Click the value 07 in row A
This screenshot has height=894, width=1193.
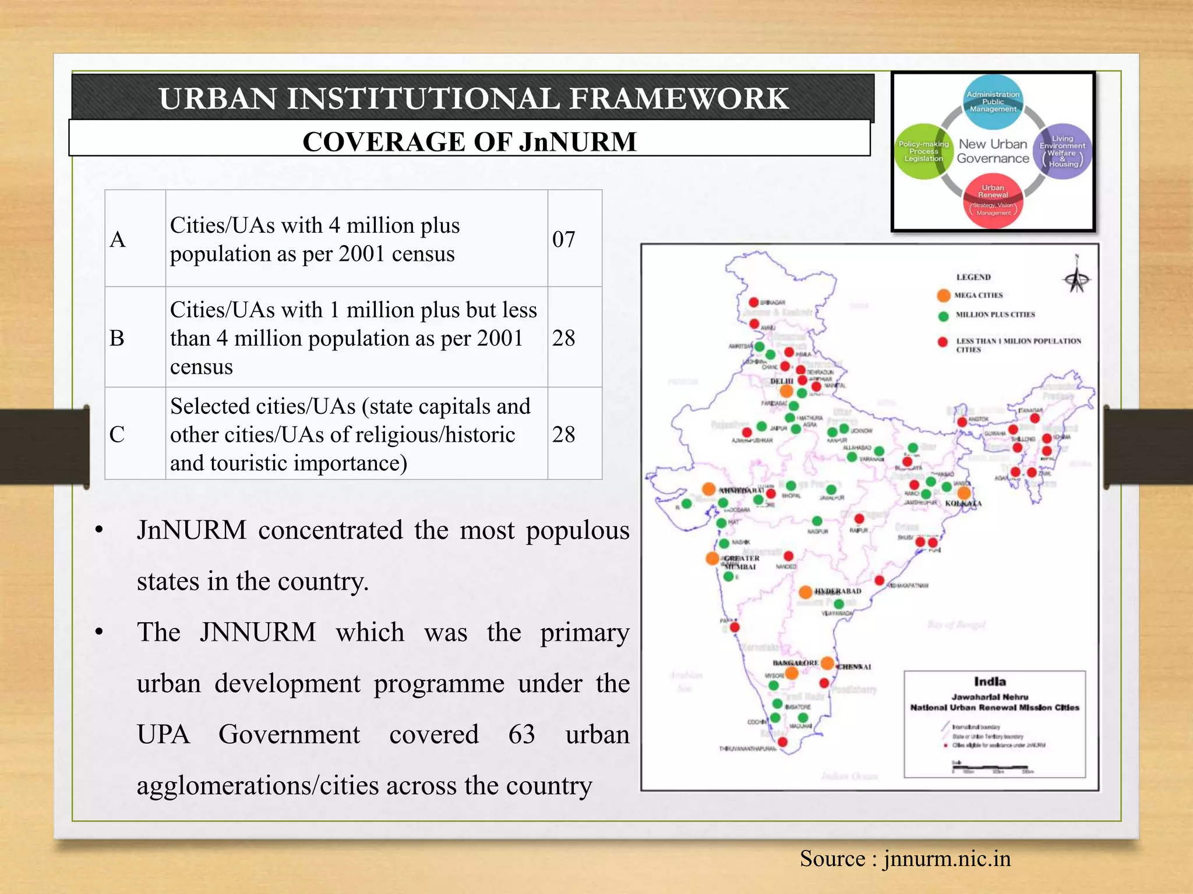click(563, 239)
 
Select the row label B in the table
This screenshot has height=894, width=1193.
click(117, 338)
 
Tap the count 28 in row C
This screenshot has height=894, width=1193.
click(563, 434)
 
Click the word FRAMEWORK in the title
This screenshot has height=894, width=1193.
click(679, 98)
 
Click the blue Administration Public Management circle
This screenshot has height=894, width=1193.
click(993, 102)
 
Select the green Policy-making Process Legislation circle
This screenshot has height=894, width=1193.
click(923, 151)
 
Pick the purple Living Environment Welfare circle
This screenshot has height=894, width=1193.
click(1063, 151)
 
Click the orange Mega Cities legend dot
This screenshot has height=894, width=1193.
click(944, 295)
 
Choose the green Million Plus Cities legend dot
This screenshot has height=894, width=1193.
click(944, 315)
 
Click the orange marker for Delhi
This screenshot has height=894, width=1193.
click(786, 391)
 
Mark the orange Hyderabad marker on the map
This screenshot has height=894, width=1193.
click(805, 593)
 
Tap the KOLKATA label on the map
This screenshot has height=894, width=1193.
click(963, 503)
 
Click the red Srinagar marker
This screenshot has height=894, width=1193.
click(753, 302)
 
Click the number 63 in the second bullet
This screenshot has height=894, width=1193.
click(521, 735)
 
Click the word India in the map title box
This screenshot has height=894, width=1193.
click(990, 682)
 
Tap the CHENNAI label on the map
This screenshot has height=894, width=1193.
click(854, 667)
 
